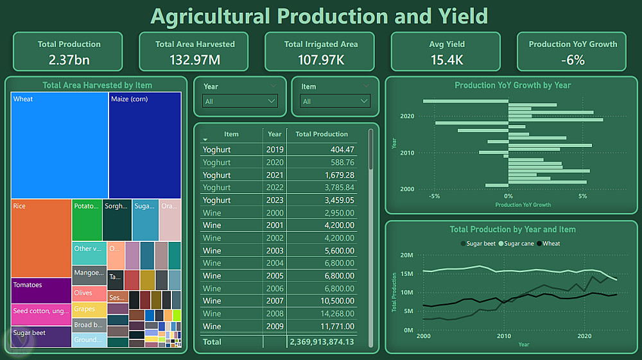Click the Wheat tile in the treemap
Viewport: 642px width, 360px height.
coord(59,145)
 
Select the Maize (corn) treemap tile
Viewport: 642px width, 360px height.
coord(144,145)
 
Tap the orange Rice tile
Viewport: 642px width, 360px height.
coord(41,237)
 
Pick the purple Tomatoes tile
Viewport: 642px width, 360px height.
coord(41,290)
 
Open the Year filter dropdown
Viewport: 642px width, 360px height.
coord(240,101)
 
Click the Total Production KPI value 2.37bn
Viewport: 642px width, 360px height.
coord(69,60)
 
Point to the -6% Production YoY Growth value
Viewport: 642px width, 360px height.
coord(572,60)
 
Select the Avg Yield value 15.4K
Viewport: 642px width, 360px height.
coord(446,60)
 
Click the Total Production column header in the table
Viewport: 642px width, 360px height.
coord(321,134)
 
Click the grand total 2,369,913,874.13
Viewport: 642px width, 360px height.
coord(322,342)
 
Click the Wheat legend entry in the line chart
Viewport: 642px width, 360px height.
coord(551,244)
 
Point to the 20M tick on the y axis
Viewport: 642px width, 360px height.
coord(406,255)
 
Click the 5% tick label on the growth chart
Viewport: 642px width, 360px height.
coord(582,196)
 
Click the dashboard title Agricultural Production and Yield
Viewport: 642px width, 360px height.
coord(319,16)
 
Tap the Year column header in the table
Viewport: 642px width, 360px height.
coord(274,134)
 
